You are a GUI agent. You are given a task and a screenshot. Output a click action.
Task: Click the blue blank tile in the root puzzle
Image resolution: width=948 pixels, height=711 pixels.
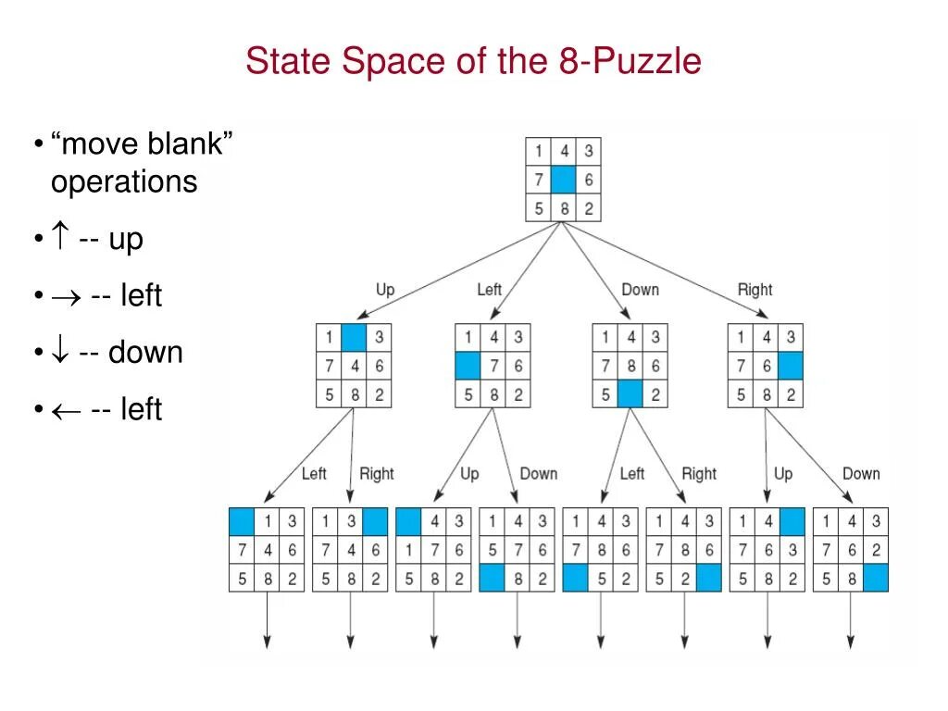(x=563, y=180)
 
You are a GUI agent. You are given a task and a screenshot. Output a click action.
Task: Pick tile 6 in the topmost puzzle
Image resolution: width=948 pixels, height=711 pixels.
(x=588, y=180)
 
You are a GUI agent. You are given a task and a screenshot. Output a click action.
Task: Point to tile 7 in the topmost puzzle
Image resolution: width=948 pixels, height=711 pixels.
(x=538, y=180)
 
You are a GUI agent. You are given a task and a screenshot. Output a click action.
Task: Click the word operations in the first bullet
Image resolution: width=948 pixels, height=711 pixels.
(x=124, y=181)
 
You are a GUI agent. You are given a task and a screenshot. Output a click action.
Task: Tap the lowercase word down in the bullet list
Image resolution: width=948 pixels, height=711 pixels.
(x=145, y=353)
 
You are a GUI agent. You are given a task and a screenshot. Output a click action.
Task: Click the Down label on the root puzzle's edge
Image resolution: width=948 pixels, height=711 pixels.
(x=640, y=290)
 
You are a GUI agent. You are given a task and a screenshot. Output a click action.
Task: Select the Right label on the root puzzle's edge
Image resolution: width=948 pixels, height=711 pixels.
(x=755, y=290)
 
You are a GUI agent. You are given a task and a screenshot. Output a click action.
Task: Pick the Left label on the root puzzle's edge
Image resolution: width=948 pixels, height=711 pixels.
(x=489, y=290)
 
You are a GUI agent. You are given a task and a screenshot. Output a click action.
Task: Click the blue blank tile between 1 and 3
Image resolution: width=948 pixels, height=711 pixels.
(x=353, y=338)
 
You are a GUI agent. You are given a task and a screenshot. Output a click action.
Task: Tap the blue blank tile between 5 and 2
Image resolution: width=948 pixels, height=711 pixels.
(x=630, y=395)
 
